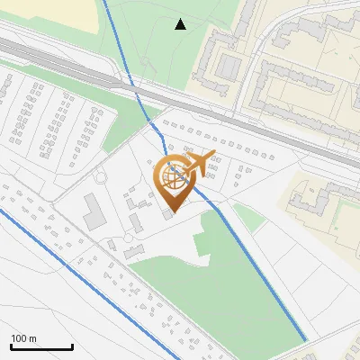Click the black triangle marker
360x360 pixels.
[181, 24]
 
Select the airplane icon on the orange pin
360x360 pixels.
[200, 162]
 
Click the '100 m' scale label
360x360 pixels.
[23, 338]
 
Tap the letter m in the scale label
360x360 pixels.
[32, 338]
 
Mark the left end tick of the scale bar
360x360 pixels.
[11, 346]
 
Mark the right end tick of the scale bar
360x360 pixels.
[72, 346]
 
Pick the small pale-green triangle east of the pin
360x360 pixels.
[247, 216]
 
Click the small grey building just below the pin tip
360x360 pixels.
[168, 216]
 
